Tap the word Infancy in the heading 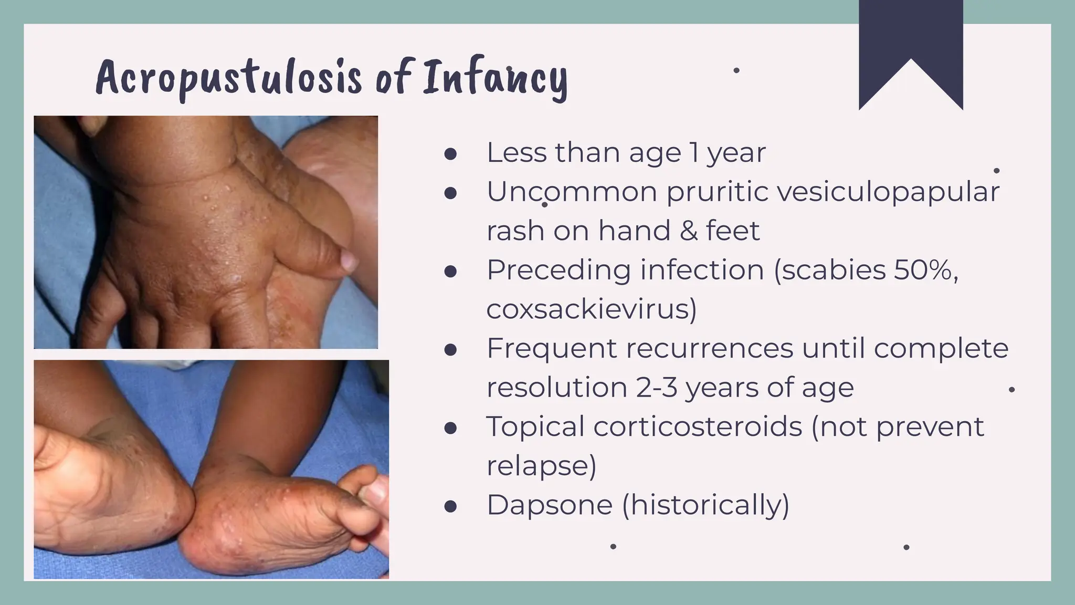click(495, 79)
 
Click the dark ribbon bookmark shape click(910, 47)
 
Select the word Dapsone click(550, 505)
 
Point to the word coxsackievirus click(592, 309)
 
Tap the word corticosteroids click(698, 426)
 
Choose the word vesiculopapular click(888, 192)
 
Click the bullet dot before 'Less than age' click(450, 154)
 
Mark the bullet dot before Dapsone click(450, 507)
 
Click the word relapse click(541, 466)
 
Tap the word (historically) click(705, 505)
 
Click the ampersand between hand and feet click(688, 231)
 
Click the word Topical click(535, 426)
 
